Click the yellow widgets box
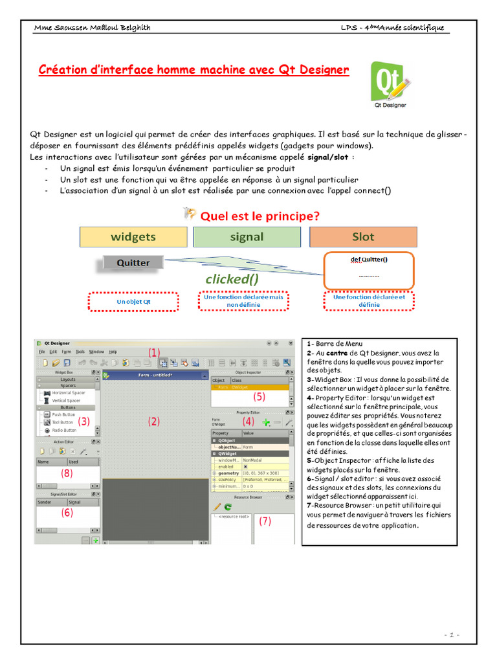coord(133,237)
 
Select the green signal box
coord(247,237)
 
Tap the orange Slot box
coord(362,237)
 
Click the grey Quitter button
coord(133,263)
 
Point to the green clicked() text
coord(231,279)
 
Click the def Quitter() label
coord(368,259)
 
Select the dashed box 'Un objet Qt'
coord(133,302)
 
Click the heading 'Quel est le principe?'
coord(260,216)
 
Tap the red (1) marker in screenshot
coord(153,352)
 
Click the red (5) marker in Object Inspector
coord(260,396)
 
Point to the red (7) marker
coord(265,521)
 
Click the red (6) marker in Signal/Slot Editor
coord(67,512)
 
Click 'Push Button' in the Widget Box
coord(63,414)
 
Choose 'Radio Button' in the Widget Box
coord(64,430)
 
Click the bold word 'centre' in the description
coord(337,354)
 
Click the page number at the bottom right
coord(452,635)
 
